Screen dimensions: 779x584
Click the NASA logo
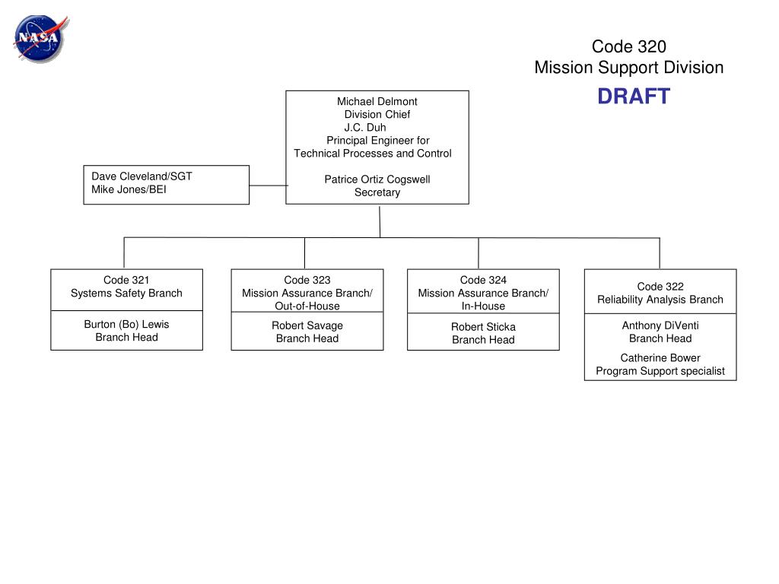[x=41, y=39]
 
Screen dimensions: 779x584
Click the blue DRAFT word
[x=634, y=97]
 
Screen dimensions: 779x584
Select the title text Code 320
[x=628, y=46]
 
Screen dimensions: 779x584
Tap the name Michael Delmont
[x=377, y=101]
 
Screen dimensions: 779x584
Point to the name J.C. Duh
[x=365, y=127]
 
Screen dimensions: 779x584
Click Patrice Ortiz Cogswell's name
[x=377, y=179]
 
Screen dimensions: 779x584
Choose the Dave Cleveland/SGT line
[x=141, y=176]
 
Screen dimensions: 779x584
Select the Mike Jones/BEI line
[x=129, y=189]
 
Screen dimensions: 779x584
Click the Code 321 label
[x=126, y=280]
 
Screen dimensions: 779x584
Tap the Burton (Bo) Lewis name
[x=126, y=324]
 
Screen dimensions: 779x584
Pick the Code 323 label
[x=307, y=280]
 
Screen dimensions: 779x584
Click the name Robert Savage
[x=307, y=325]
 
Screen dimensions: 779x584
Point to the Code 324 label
[x=483, y=280]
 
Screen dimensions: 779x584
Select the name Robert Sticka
[x=483, y=327]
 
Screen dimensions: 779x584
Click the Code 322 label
[x=660, y=287]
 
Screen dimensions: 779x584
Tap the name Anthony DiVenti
[x=660, y=325]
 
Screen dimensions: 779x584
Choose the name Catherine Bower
[x=660, y=358]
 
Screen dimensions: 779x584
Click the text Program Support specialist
[x=660, y=371]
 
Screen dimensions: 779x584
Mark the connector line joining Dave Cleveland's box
[x=268, y=186]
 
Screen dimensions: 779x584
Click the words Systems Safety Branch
[x=126, y=293]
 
